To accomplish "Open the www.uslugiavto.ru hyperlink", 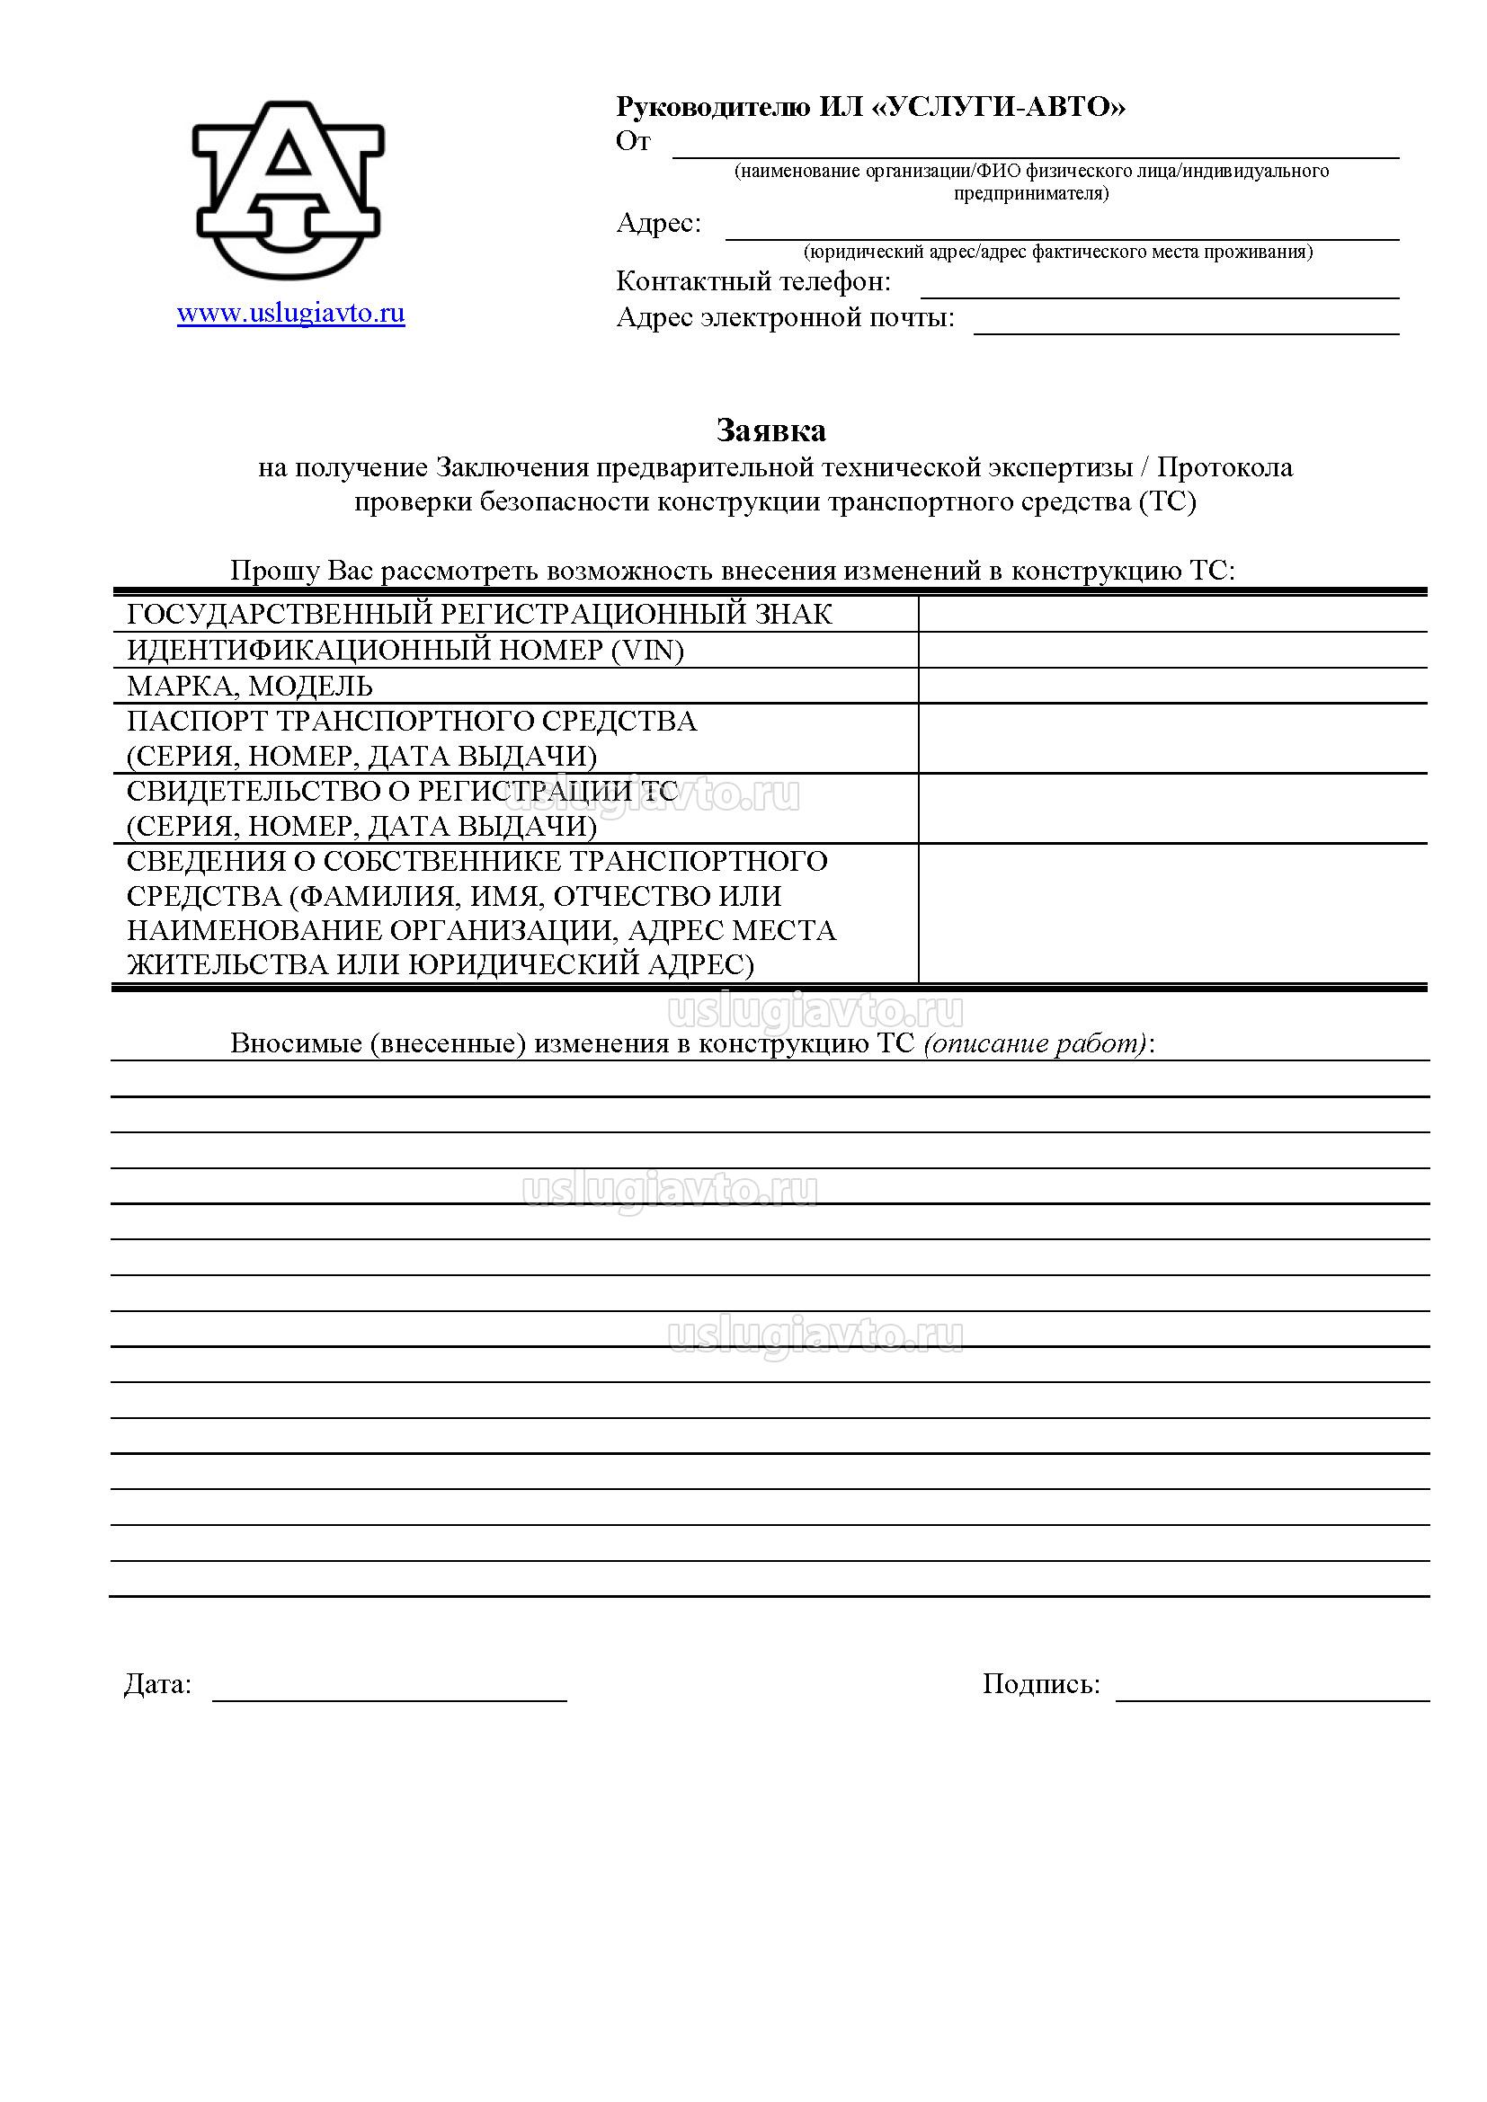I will (x=290, y=314).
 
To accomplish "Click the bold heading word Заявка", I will (x=770, y=430).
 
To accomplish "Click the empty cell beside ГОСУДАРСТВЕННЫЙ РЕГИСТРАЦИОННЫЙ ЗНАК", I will (x=1172, y=615).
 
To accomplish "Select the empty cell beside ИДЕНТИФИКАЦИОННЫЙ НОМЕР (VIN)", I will (x=1172, y=650).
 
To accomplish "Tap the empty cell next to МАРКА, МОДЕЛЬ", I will (x=1172, y=686).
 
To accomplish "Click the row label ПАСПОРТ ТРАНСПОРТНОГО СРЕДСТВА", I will (x=412, y=722).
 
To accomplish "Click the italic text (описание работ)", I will (x=1036, y=1043).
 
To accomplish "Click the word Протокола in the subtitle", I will (x=1224, y=467).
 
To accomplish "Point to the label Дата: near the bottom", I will (x=157, y=1683).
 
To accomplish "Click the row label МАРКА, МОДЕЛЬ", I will (x=250, y=686).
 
